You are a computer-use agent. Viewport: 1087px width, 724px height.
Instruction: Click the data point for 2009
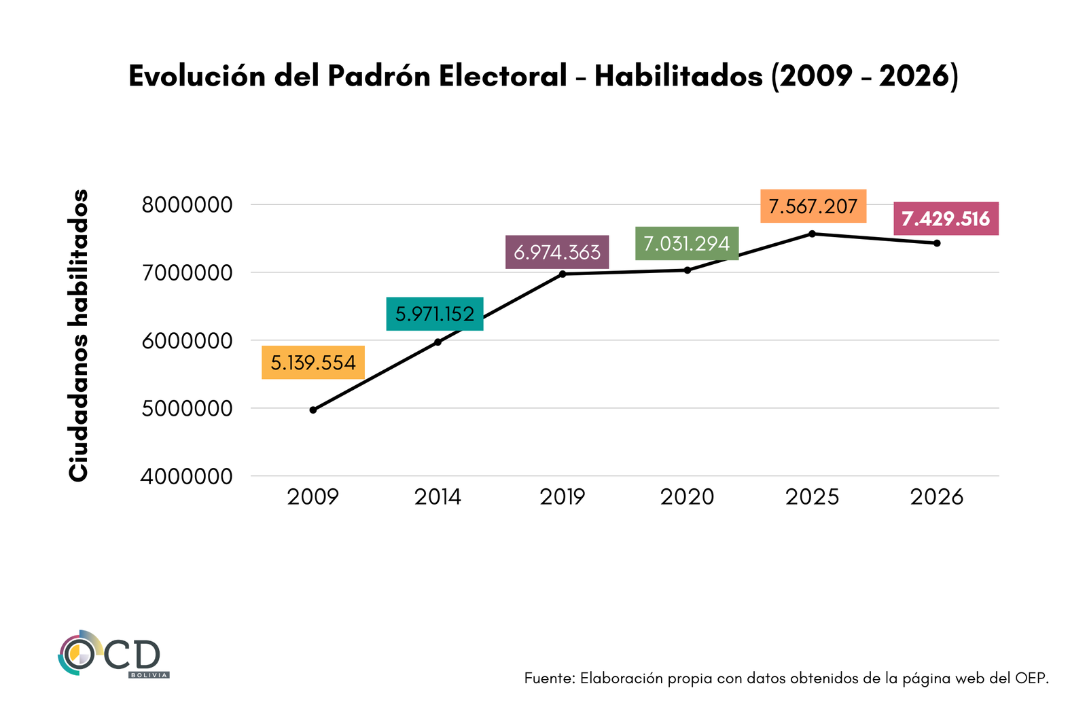313,410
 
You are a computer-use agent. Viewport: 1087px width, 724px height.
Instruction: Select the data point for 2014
438,342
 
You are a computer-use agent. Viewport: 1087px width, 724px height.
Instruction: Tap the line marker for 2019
563,274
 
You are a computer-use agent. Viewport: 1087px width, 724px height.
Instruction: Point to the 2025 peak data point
813,234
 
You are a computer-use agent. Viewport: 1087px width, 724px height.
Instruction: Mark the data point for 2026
937,243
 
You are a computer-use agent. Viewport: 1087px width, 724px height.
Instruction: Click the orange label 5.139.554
313,363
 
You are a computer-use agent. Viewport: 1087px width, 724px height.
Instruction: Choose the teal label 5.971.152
435,314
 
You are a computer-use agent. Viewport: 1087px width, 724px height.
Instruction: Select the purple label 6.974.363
557,252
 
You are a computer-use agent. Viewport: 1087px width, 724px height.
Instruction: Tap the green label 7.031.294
687,243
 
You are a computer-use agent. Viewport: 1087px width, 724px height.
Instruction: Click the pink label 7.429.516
946,219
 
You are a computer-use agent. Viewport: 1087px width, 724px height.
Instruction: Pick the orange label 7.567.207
813,206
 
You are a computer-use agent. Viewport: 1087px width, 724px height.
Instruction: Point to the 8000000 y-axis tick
187,204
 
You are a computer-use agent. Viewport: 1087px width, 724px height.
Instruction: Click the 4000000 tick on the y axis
187,477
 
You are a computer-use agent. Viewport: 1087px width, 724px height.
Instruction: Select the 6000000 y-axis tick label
187,341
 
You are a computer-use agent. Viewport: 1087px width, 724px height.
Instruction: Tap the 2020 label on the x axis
688,497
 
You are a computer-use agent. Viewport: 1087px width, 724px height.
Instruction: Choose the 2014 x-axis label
438,497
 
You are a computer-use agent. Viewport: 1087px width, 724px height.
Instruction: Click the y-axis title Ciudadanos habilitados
79,336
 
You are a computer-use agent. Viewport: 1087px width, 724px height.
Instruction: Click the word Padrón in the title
379,76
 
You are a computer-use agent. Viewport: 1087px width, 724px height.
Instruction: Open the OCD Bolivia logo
113,654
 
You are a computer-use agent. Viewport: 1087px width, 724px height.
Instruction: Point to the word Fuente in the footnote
550,678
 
